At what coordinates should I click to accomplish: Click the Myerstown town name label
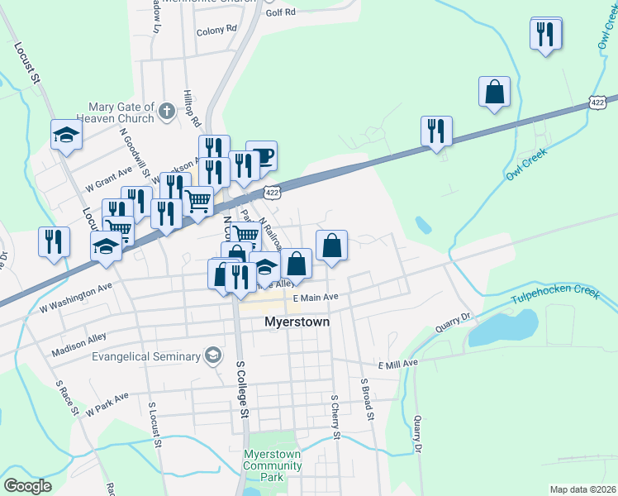pos(297,322)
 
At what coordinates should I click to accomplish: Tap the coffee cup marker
pos(262,155)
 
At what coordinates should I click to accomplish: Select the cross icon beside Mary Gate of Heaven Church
pos(166,110)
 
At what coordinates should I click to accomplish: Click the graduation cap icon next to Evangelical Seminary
pos(213,356)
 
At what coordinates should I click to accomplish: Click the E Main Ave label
pos(316,298)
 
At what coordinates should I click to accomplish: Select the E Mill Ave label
pos(398,364)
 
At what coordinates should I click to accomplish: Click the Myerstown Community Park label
pos(272,465)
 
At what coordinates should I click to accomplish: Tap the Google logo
pos(27,486)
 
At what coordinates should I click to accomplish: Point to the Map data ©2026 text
pos(582,489)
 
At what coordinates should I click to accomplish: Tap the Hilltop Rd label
pos(192,107)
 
